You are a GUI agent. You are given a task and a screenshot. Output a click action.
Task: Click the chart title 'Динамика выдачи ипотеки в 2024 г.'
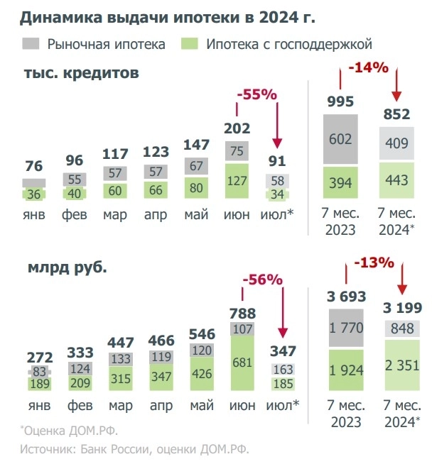coord(158,16)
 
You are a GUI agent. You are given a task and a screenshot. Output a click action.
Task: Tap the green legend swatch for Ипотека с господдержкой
coord(188,43)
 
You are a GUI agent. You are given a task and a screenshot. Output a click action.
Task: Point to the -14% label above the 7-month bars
coord(368,68)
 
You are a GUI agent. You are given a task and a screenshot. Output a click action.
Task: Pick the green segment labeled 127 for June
coord(238,181)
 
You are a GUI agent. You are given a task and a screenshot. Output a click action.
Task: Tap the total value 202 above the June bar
coord(238,128)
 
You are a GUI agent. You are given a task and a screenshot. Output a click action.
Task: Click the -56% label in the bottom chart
coord(262,280)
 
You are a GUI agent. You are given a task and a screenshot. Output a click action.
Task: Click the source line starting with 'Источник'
coord(135,449)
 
